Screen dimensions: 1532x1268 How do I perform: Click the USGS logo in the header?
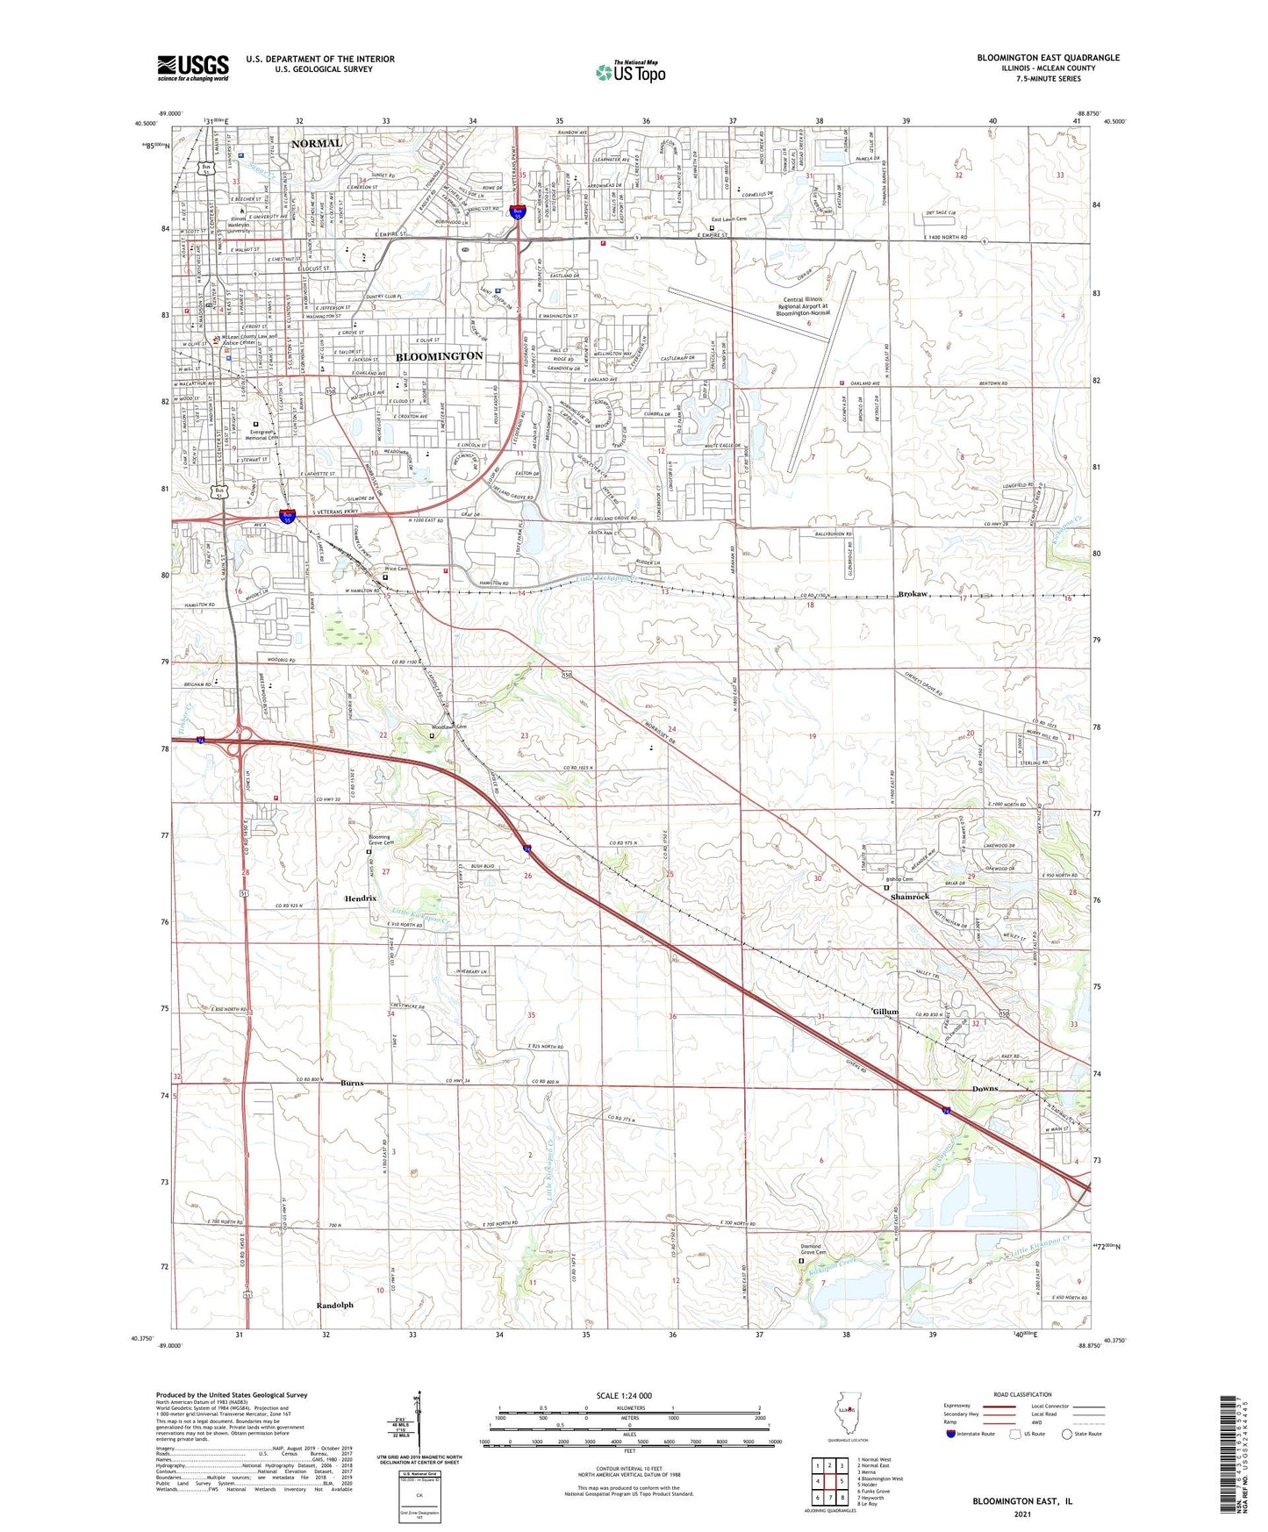[x=193, y=67]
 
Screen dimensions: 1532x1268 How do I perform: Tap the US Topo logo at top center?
[x=630, y=72]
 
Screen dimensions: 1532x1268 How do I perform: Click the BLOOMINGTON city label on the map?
[x=439, y=356]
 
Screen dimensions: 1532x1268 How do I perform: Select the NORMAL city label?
[x=317, y=143]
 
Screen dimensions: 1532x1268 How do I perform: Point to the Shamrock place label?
[x=909, y=897]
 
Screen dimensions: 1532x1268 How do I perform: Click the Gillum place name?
[x=885, y=1012]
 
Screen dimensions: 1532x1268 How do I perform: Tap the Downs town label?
[x=985, y=1089]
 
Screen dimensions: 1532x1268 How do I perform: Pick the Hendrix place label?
[x=361, y=898]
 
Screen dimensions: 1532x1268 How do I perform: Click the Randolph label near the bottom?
[x=334, y=1306]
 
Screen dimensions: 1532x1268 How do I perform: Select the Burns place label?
[x=352, y=1083]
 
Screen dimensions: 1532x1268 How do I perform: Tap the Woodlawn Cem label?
[x=448, y=727]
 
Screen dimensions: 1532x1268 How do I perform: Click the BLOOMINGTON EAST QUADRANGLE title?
[x=1048, y=58]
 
